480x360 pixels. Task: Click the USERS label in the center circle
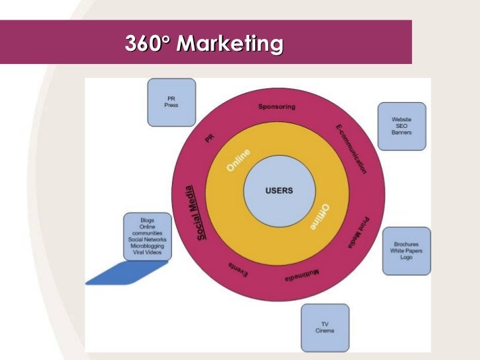click(279, 191)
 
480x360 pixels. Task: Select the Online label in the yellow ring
click(239, 160)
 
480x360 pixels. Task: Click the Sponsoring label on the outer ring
click(277, 107)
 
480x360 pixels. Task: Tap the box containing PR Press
click(171, 102)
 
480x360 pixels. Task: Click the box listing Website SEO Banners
click(402, 125)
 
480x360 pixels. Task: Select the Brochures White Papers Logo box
click(407, 251)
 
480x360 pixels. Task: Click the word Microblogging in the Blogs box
click(148, 246)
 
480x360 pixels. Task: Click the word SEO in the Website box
click(402, 125)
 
